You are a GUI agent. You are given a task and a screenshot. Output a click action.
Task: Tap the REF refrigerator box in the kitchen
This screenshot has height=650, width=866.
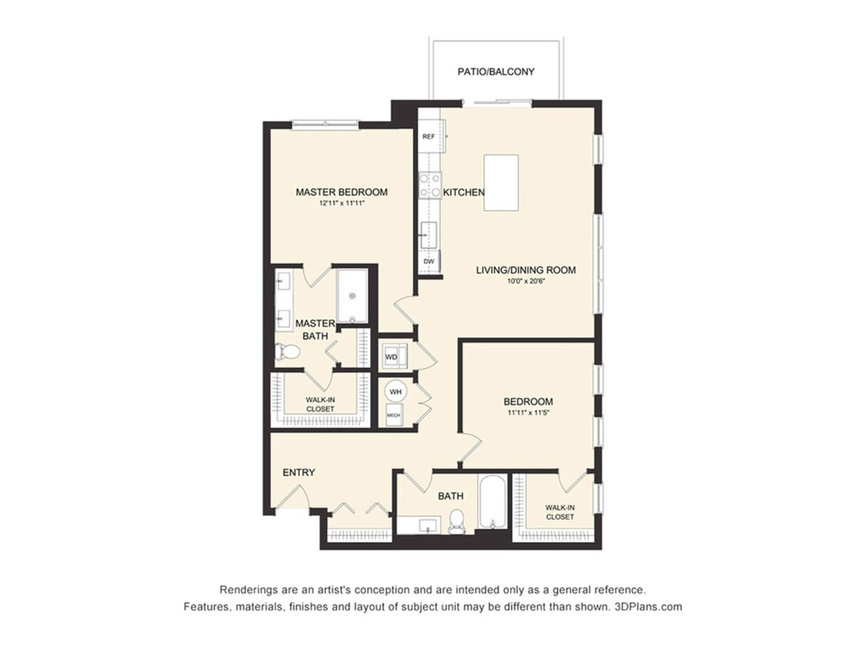(429, 136)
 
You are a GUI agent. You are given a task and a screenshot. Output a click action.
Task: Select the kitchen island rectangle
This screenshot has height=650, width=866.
(500, 182)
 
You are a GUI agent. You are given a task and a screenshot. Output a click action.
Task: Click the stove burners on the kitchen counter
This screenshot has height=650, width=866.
(430, 185)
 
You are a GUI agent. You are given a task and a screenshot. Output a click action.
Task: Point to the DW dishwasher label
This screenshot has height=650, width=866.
(429, 262)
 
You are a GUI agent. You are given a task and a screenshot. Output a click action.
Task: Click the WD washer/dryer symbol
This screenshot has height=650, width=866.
(392, 357)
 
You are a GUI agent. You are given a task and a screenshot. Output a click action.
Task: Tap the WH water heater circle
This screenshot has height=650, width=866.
(396, 391)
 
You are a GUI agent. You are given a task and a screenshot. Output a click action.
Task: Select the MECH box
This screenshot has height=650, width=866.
(393, 415)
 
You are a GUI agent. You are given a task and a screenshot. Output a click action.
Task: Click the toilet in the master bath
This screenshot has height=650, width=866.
(288, 352)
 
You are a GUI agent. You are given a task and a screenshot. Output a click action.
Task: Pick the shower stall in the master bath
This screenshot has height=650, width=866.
(352, 296)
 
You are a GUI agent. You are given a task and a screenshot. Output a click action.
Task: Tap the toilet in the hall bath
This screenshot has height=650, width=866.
(456, 521)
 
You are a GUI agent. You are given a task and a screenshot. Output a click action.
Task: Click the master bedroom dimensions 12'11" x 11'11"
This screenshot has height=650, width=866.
(341, 204)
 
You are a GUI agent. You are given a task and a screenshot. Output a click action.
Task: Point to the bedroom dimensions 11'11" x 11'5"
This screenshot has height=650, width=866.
(527, 413)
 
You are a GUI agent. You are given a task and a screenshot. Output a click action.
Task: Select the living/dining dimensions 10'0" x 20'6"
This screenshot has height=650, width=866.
(526, 281)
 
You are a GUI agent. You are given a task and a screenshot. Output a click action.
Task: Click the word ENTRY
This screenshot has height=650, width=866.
(299, 472)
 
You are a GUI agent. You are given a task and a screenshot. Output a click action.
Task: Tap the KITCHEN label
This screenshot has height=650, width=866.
(463, 193)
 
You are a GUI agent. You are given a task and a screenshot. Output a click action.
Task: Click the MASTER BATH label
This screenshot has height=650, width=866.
(315, 330)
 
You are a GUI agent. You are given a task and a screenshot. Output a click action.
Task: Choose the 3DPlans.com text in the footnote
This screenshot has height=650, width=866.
(648, 606)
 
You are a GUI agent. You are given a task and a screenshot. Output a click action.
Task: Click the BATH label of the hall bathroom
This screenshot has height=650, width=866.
(450, 496)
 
